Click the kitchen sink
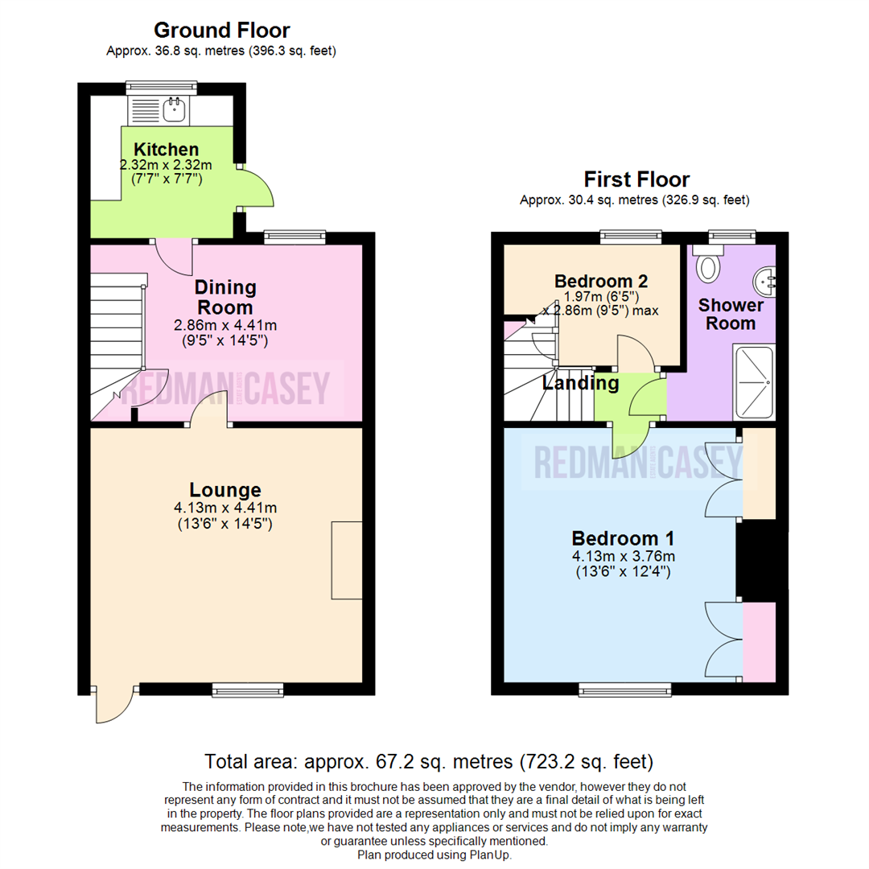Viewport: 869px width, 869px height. coord(175,109)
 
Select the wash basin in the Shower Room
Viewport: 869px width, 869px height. coord(765,281)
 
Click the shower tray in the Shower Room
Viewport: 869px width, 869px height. coord(754,382)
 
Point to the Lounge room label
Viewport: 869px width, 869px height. coord(225,489)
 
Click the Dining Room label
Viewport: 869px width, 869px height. coord(225,297)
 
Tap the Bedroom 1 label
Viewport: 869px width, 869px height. coord(623,538)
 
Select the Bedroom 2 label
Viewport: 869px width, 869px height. coord(601,281)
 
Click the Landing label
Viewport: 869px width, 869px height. coord(580,383)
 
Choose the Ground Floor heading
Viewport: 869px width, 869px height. coord(221,31)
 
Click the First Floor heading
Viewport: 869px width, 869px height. coord(636,179)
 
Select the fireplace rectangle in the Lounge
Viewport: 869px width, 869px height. coord(347,559)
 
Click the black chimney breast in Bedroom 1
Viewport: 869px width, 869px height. coord(756,561)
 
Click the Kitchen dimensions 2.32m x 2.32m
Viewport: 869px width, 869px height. coord(167,164)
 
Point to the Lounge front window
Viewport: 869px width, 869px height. coord(248,689)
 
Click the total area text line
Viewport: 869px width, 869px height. coord(428,760)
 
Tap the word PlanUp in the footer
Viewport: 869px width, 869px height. coord(487,855)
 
